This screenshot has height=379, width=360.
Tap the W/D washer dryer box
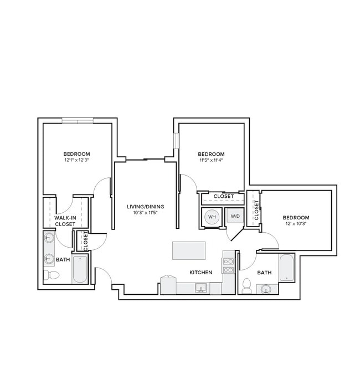pos(235,216)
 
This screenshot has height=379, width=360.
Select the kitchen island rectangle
pos(188,250)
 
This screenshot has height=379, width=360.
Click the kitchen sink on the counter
pos(200,287)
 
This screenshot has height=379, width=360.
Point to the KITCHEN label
pos(201,273)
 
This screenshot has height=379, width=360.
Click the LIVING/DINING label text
pos(145,207)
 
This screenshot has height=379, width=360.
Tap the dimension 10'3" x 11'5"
pos(145,213)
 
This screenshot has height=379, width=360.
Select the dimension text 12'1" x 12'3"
pos(76,160)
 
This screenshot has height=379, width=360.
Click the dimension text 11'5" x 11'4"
pos(211,160)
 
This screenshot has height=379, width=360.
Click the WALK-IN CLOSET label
pos(65,221)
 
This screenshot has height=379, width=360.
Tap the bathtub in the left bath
pos(80,268)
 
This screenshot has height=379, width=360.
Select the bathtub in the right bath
pos(287,267)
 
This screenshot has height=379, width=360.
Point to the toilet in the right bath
pos(246,286)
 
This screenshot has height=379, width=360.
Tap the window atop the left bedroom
pos(77,120)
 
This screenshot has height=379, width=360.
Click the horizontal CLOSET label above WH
pos(223,196)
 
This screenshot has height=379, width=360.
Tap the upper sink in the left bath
pos(49,239)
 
